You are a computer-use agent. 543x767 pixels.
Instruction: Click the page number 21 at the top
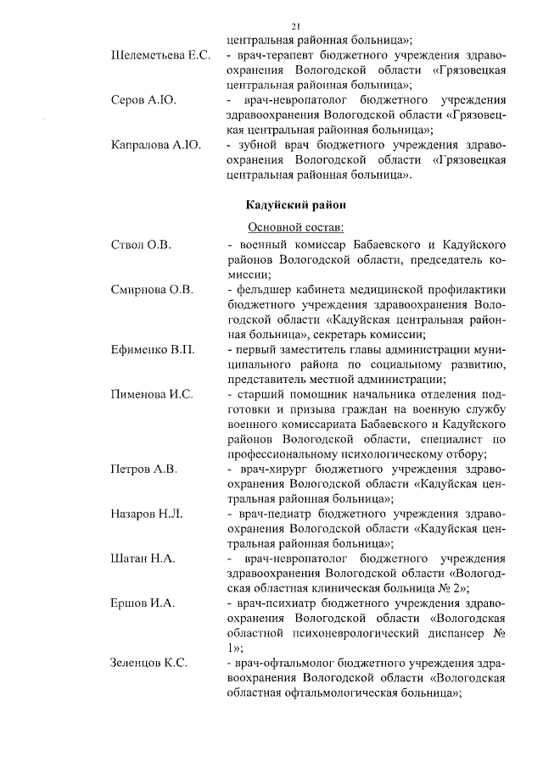pos(294,26)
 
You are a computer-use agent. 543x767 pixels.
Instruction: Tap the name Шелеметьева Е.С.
pos(160,56)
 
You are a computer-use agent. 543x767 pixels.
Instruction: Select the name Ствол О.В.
pos(141,245)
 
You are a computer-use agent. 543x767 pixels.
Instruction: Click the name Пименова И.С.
pos(152,395)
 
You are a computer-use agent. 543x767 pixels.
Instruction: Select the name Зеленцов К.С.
pos(149,664)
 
